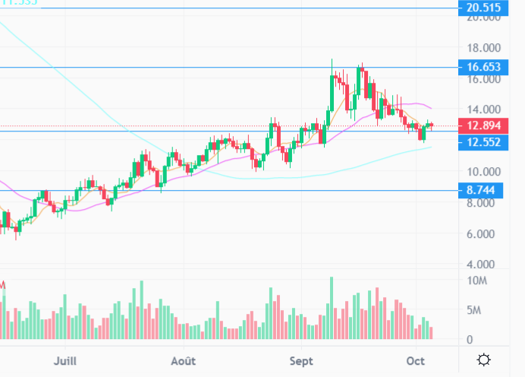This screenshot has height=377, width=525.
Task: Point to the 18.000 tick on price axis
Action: click(483, 48)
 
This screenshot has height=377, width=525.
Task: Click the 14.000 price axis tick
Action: click(483, 109)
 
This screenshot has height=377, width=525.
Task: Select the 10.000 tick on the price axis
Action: click(483, 172)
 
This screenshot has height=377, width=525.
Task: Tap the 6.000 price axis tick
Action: click(483, 234)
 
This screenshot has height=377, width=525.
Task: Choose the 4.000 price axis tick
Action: click(483, 265)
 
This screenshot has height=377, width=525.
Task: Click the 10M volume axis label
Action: click(476, 281)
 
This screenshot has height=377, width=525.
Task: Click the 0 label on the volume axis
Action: click(470, 340)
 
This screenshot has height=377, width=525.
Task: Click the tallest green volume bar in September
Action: click(332, 309)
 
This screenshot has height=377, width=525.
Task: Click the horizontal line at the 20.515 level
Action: click(228, 8)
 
